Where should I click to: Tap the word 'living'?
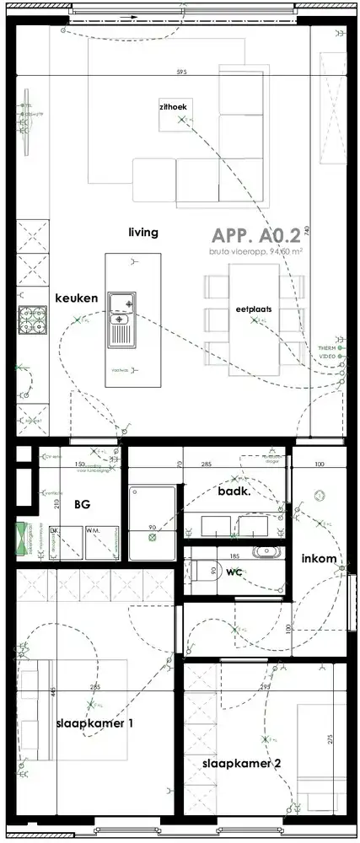(x=143, y=232)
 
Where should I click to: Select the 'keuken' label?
(x=77, y=298)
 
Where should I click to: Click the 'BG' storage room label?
(x=82, y=505)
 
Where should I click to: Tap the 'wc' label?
(x=234, y=571)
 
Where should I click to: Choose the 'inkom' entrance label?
(x=319, y=559)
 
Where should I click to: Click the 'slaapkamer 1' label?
(x=94, y=723)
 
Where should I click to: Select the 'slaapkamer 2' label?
(x=241, y=764)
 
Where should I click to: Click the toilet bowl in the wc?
(x=201, y=571)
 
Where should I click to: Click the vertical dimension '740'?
(x=308, y=230)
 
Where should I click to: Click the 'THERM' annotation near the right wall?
(x=325, y=348)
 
